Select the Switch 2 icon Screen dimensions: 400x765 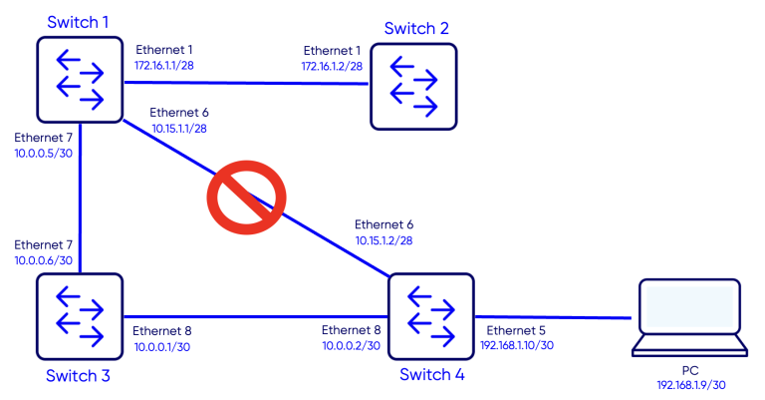coord(413,87)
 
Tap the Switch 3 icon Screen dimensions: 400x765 coord(80,316)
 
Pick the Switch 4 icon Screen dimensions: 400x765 coord(430,316)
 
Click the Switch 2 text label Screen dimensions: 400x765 coord(416,28)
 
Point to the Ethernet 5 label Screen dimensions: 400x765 coord(516,329)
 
